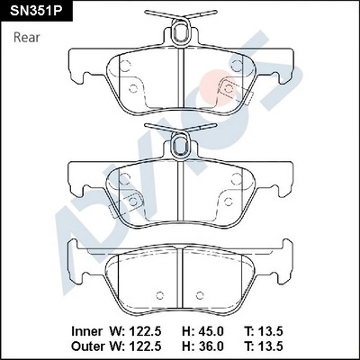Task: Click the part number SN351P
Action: [x=36, y=11]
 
